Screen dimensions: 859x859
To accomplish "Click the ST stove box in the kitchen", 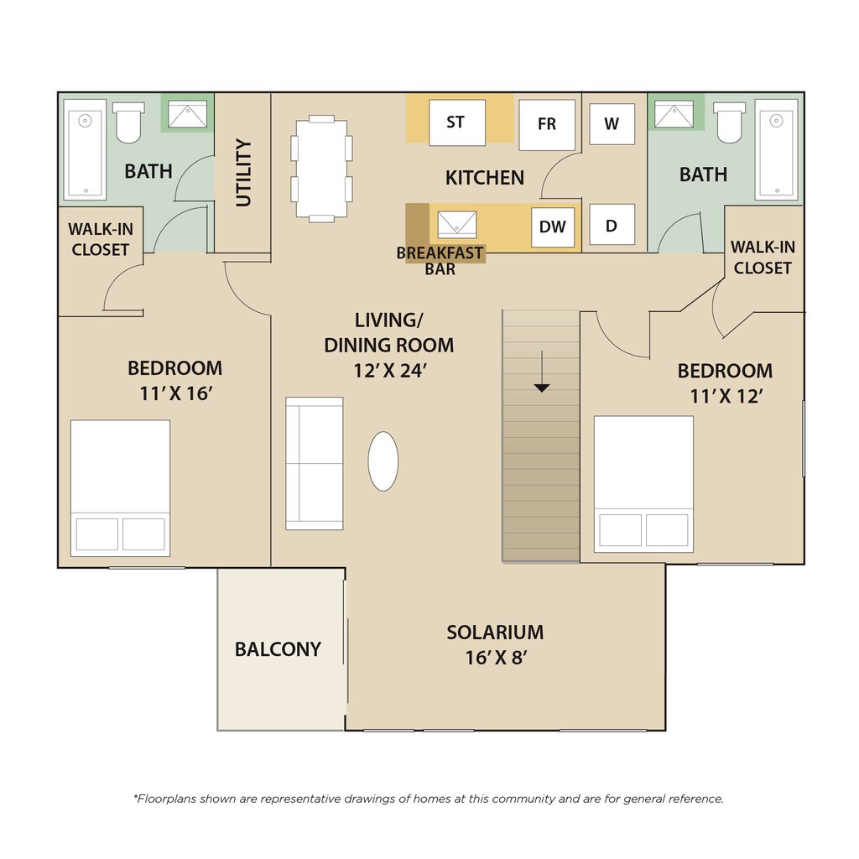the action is click(x=457, y=122).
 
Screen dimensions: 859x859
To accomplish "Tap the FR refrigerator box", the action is click(x=547, y=125).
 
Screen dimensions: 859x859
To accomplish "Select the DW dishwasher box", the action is click(x=553, y=226).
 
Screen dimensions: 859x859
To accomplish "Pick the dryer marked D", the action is click(x=612, y=225).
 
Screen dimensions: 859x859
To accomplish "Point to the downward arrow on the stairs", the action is click(x=542, y=372).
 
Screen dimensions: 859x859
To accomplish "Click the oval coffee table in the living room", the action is click(x=383, y=461).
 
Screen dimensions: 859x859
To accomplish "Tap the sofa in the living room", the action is click(x=315, y=463).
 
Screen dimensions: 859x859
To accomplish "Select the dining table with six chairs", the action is click(x=321, y=169).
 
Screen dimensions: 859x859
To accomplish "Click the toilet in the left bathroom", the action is click(x=128, y=122).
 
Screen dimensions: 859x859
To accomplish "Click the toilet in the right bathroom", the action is click(x=730, y=122).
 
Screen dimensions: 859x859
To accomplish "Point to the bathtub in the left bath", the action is click(x=85, y=150).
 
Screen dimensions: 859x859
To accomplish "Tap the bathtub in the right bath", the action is click(x=776, y=150).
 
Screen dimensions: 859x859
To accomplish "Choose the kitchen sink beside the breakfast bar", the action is click(x=457, y=225).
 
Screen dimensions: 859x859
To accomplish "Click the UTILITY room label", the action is click(x=243, y=173).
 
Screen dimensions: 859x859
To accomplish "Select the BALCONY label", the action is click(x=278, y=649).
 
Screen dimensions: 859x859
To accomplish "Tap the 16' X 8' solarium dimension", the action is click(x=496, y=658).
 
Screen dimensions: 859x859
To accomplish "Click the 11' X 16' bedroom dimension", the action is click(x=175, y=393).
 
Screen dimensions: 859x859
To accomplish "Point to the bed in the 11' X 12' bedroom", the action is click(x=643, y=484).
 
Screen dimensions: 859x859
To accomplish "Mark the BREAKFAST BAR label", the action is click(x=440, y=261).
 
